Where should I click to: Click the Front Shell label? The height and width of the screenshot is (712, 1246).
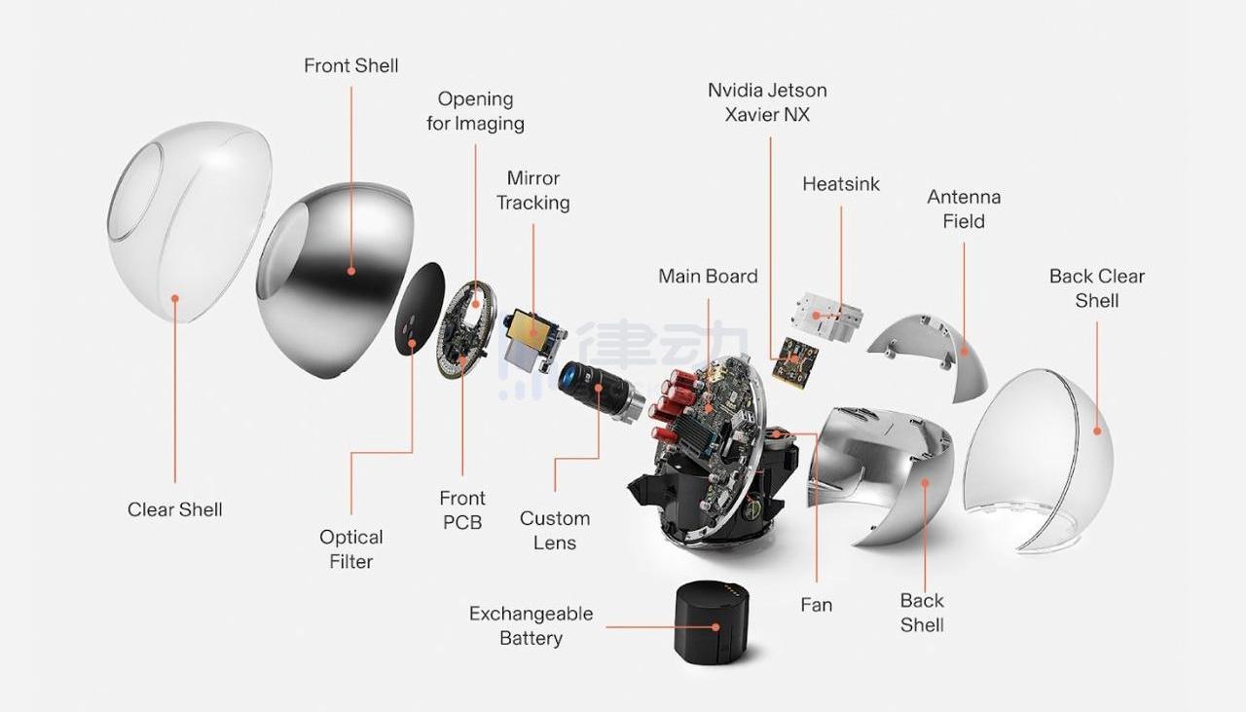pos(350,66)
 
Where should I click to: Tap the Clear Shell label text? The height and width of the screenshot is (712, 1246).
pos(175,509)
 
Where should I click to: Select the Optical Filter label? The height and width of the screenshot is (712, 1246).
pos(351,549)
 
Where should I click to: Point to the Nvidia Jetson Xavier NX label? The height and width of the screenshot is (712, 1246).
pos(767,102)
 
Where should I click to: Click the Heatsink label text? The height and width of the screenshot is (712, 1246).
pos(841,184)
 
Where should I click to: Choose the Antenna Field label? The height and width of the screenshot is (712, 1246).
pos(964,209)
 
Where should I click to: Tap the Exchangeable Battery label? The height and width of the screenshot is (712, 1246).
pos(531,626)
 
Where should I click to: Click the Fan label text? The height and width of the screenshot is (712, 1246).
pos(816,605)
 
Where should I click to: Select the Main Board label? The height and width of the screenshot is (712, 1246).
pos(708,277)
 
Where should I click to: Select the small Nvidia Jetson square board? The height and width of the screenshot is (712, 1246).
pos(793,361)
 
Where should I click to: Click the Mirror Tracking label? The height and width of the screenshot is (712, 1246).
pos(533,191)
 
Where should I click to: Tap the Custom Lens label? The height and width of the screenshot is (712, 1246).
pos(555,531)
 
